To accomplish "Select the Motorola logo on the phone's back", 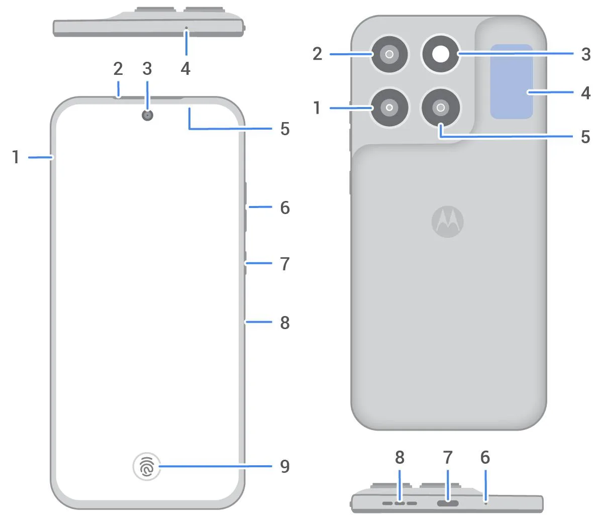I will [x=447, y=221].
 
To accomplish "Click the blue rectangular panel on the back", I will [x=512, y=81].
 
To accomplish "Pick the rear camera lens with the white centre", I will [x=441, y=54].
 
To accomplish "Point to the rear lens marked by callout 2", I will [x=389, y=54].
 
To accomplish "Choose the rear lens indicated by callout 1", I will [x=389, y=107].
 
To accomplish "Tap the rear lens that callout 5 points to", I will [x=441, y=107].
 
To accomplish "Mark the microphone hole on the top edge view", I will [x=186, y=28].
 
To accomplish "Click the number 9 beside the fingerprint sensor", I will [x=285, y=466].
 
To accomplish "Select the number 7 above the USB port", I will [x=447, y=457].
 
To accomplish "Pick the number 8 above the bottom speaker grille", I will [x=399, y=457].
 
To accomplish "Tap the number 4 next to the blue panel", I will [x=585, y=92].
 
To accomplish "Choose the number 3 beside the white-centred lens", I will [x=585, y=54].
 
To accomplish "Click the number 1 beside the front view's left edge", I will [x=16, y=157].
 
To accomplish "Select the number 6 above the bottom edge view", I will [x=485, y=457].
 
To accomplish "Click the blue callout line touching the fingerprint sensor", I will [x=216, y=466].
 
